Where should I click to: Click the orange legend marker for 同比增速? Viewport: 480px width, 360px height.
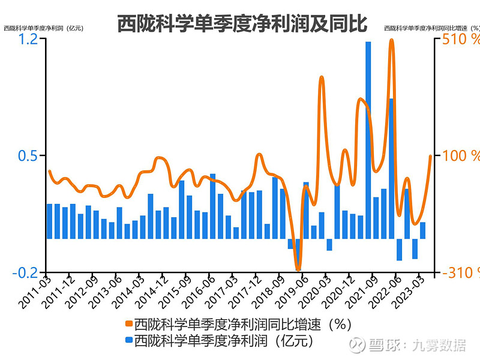click(128, 325)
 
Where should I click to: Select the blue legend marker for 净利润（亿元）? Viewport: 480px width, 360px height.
click(128, 340)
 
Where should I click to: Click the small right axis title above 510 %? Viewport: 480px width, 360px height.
click(431, 28)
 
